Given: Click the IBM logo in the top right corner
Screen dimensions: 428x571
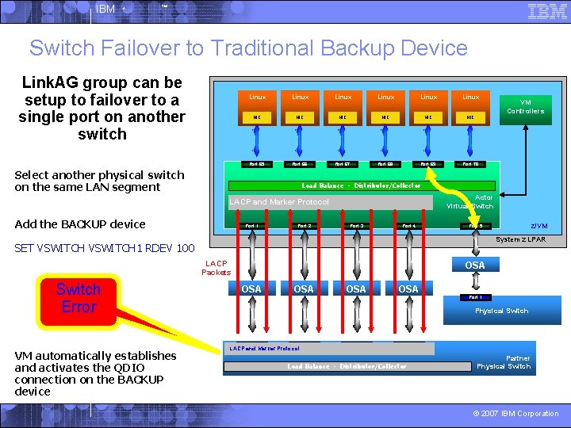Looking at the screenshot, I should click(547, 12).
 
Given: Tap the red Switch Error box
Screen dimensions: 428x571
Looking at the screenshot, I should click(79, 298).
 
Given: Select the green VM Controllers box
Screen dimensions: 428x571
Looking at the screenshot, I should click(531, 107).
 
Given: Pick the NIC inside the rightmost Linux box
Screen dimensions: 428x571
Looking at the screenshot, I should click(470, 117).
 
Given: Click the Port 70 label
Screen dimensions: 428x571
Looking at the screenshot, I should click(470, 164).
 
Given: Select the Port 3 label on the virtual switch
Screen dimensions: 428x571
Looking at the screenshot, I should click(357, 226).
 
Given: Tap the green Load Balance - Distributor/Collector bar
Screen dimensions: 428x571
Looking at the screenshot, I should click(361, 185).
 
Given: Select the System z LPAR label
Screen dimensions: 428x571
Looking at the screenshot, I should click(520, 239).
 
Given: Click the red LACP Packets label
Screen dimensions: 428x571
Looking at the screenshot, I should click(216, 268).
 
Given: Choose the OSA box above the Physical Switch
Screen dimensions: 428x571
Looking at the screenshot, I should click(475, 266).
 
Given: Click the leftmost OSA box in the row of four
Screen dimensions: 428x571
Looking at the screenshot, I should click(251, 289).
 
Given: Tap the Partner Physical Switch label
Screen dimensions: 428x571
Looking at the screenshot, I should click(504, 362).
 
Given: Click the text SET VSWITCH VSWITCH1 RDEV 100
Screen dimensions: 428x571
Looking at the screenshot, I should click(104, 248).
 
